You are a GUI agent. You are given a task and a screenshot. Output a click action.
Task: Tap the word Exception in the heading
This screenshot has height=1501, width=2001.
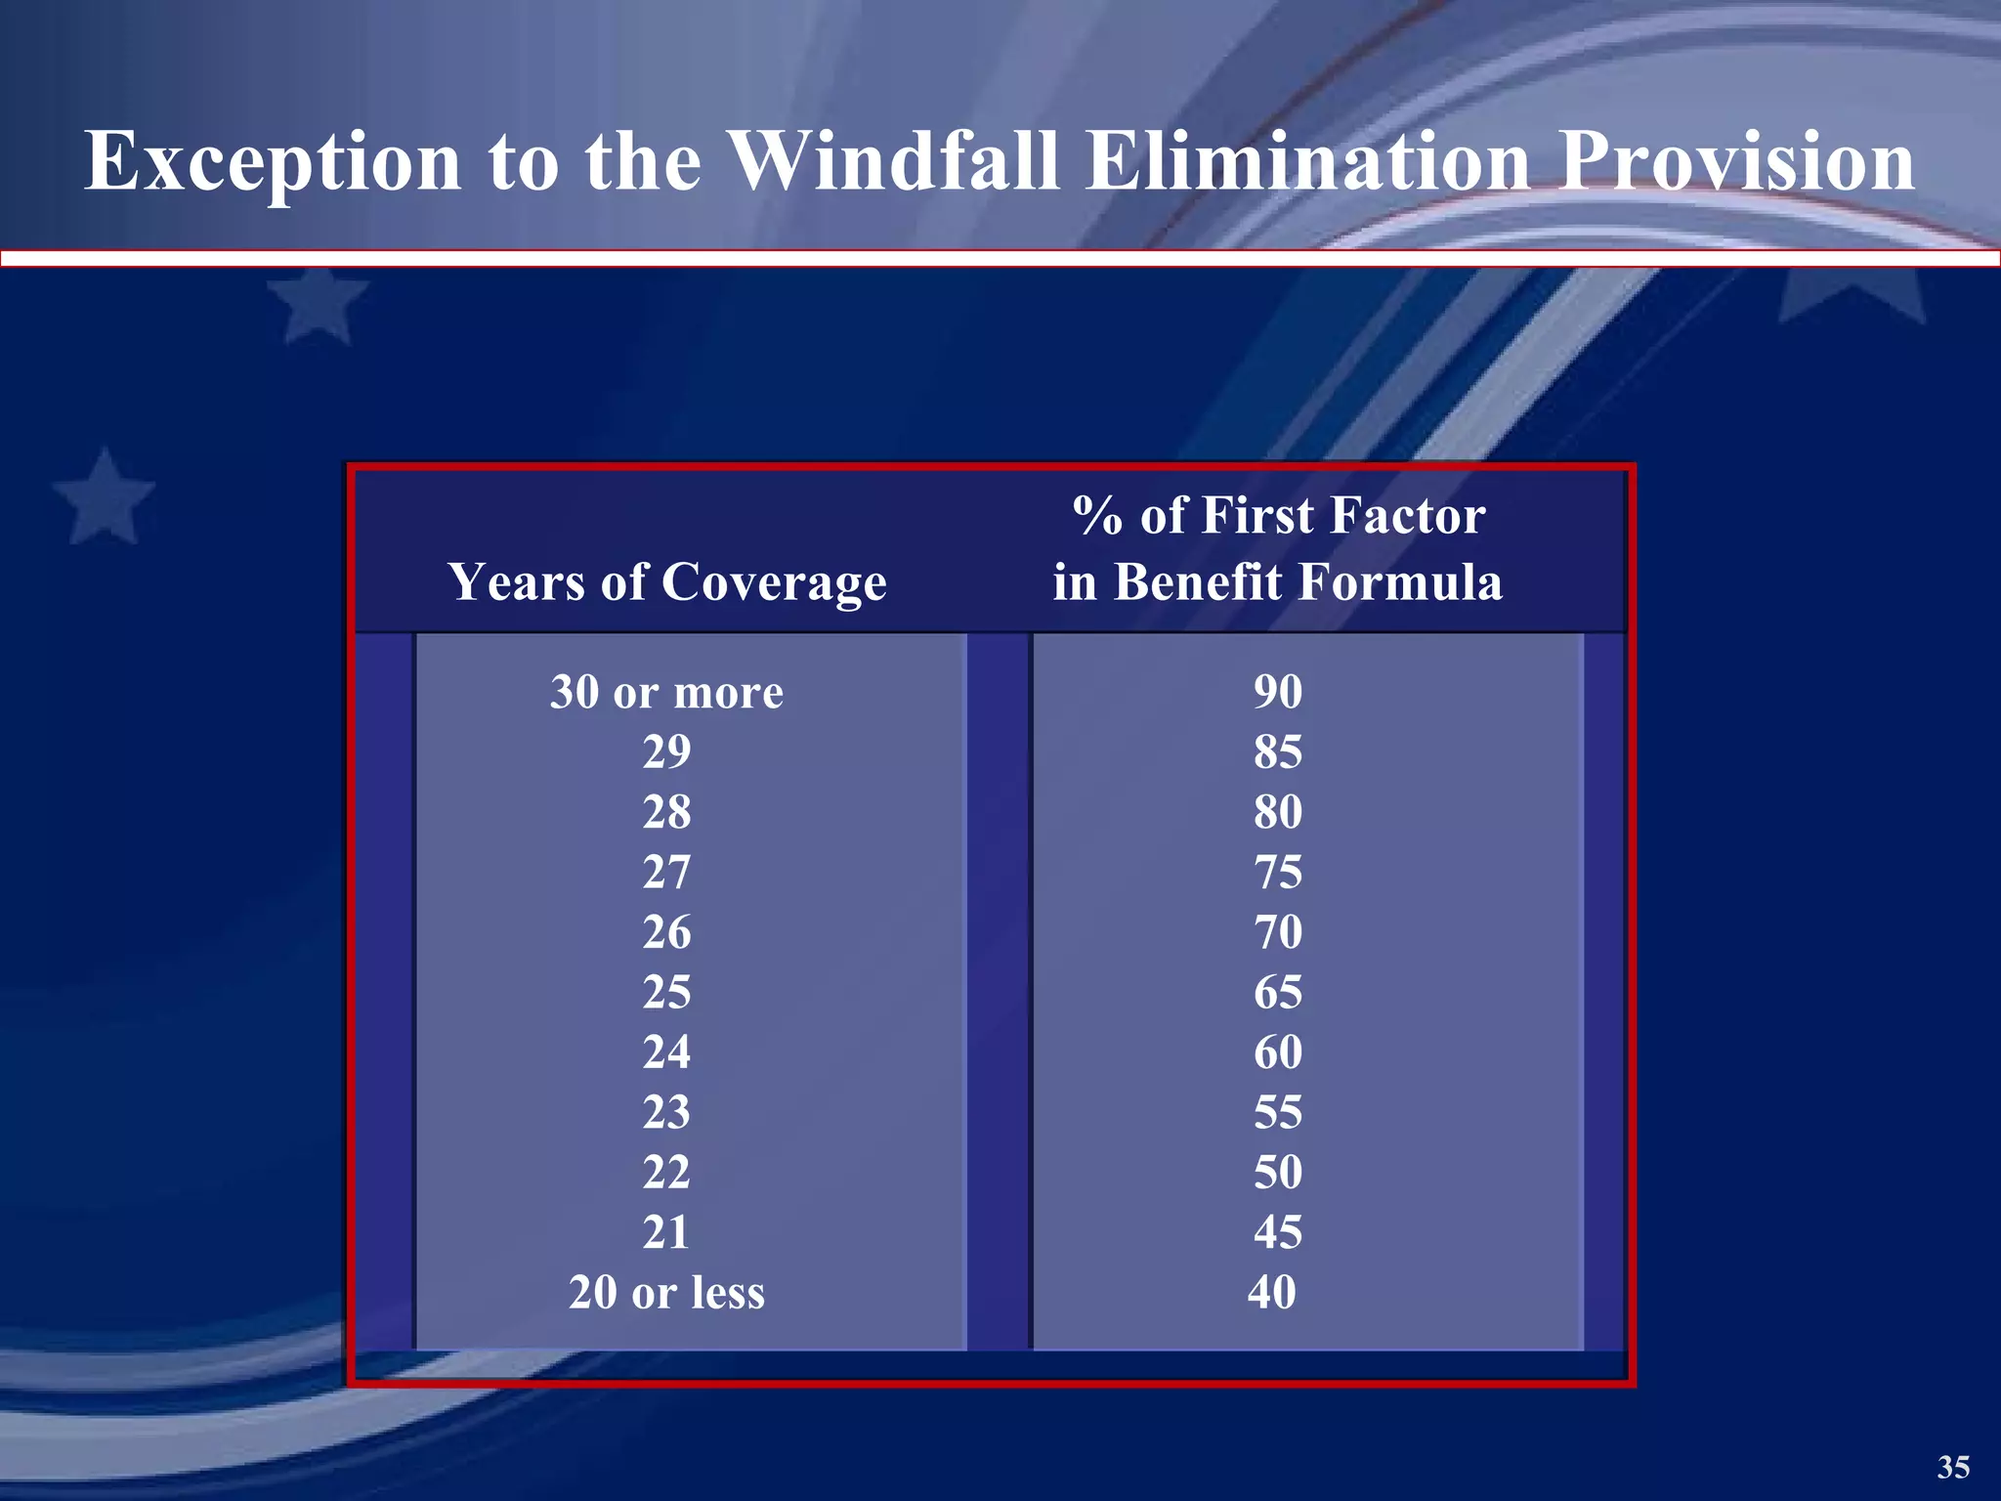point(273,161)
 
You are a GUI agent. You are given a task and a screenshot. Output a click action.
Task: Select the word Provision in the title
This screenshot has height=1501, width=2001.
point(1736,161)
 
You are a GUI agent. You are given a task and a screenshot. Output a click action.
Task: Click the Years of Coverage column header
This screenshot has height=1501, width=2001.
point(667,582)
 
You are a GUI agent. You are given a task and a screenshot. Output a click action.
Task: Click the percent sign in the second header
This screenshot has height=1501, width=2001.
point(1097,516)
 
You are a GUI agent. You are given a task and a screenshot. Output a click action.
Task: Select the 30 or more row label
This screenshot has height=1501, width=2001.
point(666,693)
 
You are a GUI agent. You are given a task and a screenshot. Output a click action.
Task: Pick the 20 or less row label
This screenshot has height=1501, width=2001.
point(666,1293)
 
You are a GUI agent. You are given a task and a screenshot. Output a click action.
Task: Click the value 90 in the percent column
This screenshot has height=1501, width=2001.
point(1278,693)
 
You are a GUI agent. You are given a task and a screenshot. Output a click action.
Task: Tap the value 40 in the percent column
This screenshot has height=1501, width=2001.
point(1272,1293)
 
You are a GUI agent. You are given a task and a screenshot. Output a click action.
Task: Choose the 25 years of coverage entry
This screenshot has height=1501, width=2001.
point(666,993)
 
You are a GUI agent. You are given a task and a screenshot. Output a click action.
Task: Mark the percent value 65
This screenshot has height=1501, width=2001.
point(1278,993)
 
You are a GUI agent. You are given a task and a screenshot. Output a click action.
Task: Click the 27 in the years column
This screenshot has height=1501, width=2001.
point(666,873)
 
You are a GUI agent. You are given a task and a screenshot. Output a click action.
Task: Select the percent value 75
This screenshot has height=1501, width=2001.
point(1278,873)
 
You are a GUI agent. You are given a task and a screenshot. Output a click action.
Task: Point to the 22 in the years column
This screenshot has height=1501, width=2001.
point(666,1173)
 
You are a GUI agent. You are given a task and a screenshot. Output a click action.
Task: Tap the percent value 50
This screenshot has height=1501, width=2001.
point(1278,1173)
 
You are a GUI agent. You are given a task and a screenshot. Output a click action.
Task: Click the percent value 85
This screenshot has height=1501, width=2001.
point(1278,752)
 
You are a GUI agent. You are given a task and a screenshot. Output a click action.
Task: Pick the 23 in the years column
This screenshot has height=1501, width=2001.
point(666,1113)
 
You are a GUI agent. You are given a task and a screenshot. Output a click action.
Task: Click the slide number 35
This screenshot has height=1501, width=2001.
point(1953,1467)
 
